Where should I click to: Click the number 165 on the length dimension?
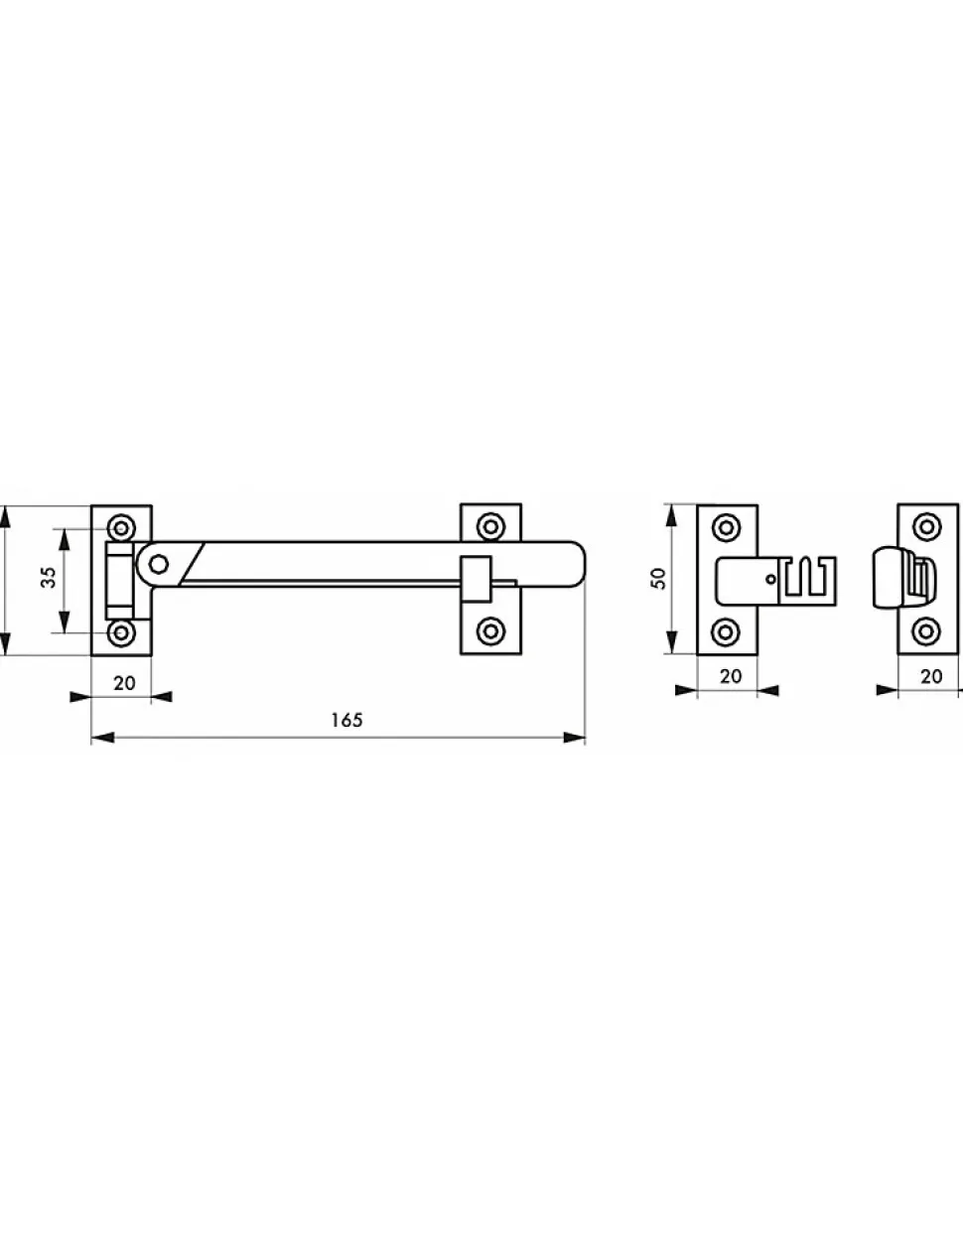tap(346, 720)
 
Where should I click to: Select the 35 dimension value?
tap(49, 577)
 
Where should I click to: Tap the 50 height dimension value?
tap(659, 578)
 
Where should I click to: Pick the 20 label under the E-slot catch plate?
tap(731, 676)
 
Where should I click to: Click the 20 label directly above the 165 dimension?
tap(125, 683)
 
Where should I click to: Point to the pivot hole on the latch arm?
tap(159, 565)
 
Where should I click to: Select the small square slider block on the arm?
tap(477, 579)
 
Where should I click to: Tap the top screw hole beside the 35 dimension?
tap(121, 527)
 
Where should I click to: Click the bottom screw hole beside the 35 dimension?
tap(121, 633)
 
